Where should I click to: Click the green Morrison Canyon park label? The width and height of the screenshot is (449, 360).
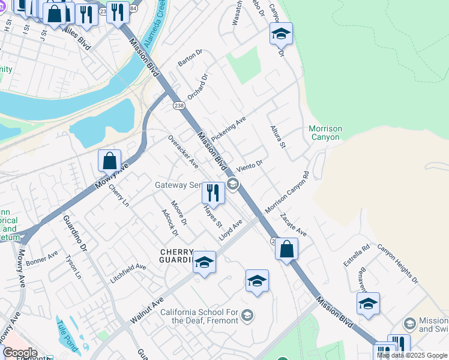click(325, 133)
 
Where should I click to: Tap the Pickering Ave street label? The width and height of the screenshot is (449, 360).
click(228, 129)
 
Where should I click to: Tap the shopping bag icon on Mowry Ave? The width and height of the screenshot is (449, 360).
click(109, 161)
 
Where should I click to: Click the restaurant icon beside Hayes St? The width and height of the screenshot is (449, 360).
click(212, 193)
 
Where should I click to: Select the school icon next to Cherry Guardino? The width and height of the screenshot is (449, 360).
click(204, 262)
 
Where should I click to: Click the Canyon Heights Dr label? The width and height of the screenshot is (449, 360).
click(397, 263)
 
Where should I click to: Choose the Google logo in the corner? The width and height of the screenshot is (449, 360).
click(20, 353)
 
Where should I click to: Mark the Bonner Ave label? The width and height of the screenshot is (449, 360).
click(42, 260)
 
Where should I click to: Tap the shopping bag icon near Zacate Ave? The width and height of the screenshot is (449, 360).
click(287, 248)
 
